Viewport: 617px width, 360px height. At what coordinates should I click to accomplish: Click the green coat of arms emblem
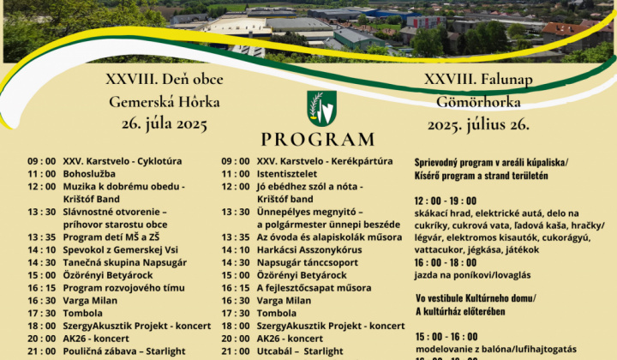(x=321, y=108)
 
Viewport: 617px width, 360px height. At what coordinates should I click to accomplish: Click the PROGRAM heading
(x=318, y=140)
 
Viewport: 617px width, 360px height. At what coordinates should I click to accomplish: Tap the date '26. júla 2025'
(x=165, y=124)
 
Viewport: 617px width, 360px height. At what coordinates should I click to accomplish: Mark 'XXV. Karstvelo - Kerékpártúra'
(x=325, y=160)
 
